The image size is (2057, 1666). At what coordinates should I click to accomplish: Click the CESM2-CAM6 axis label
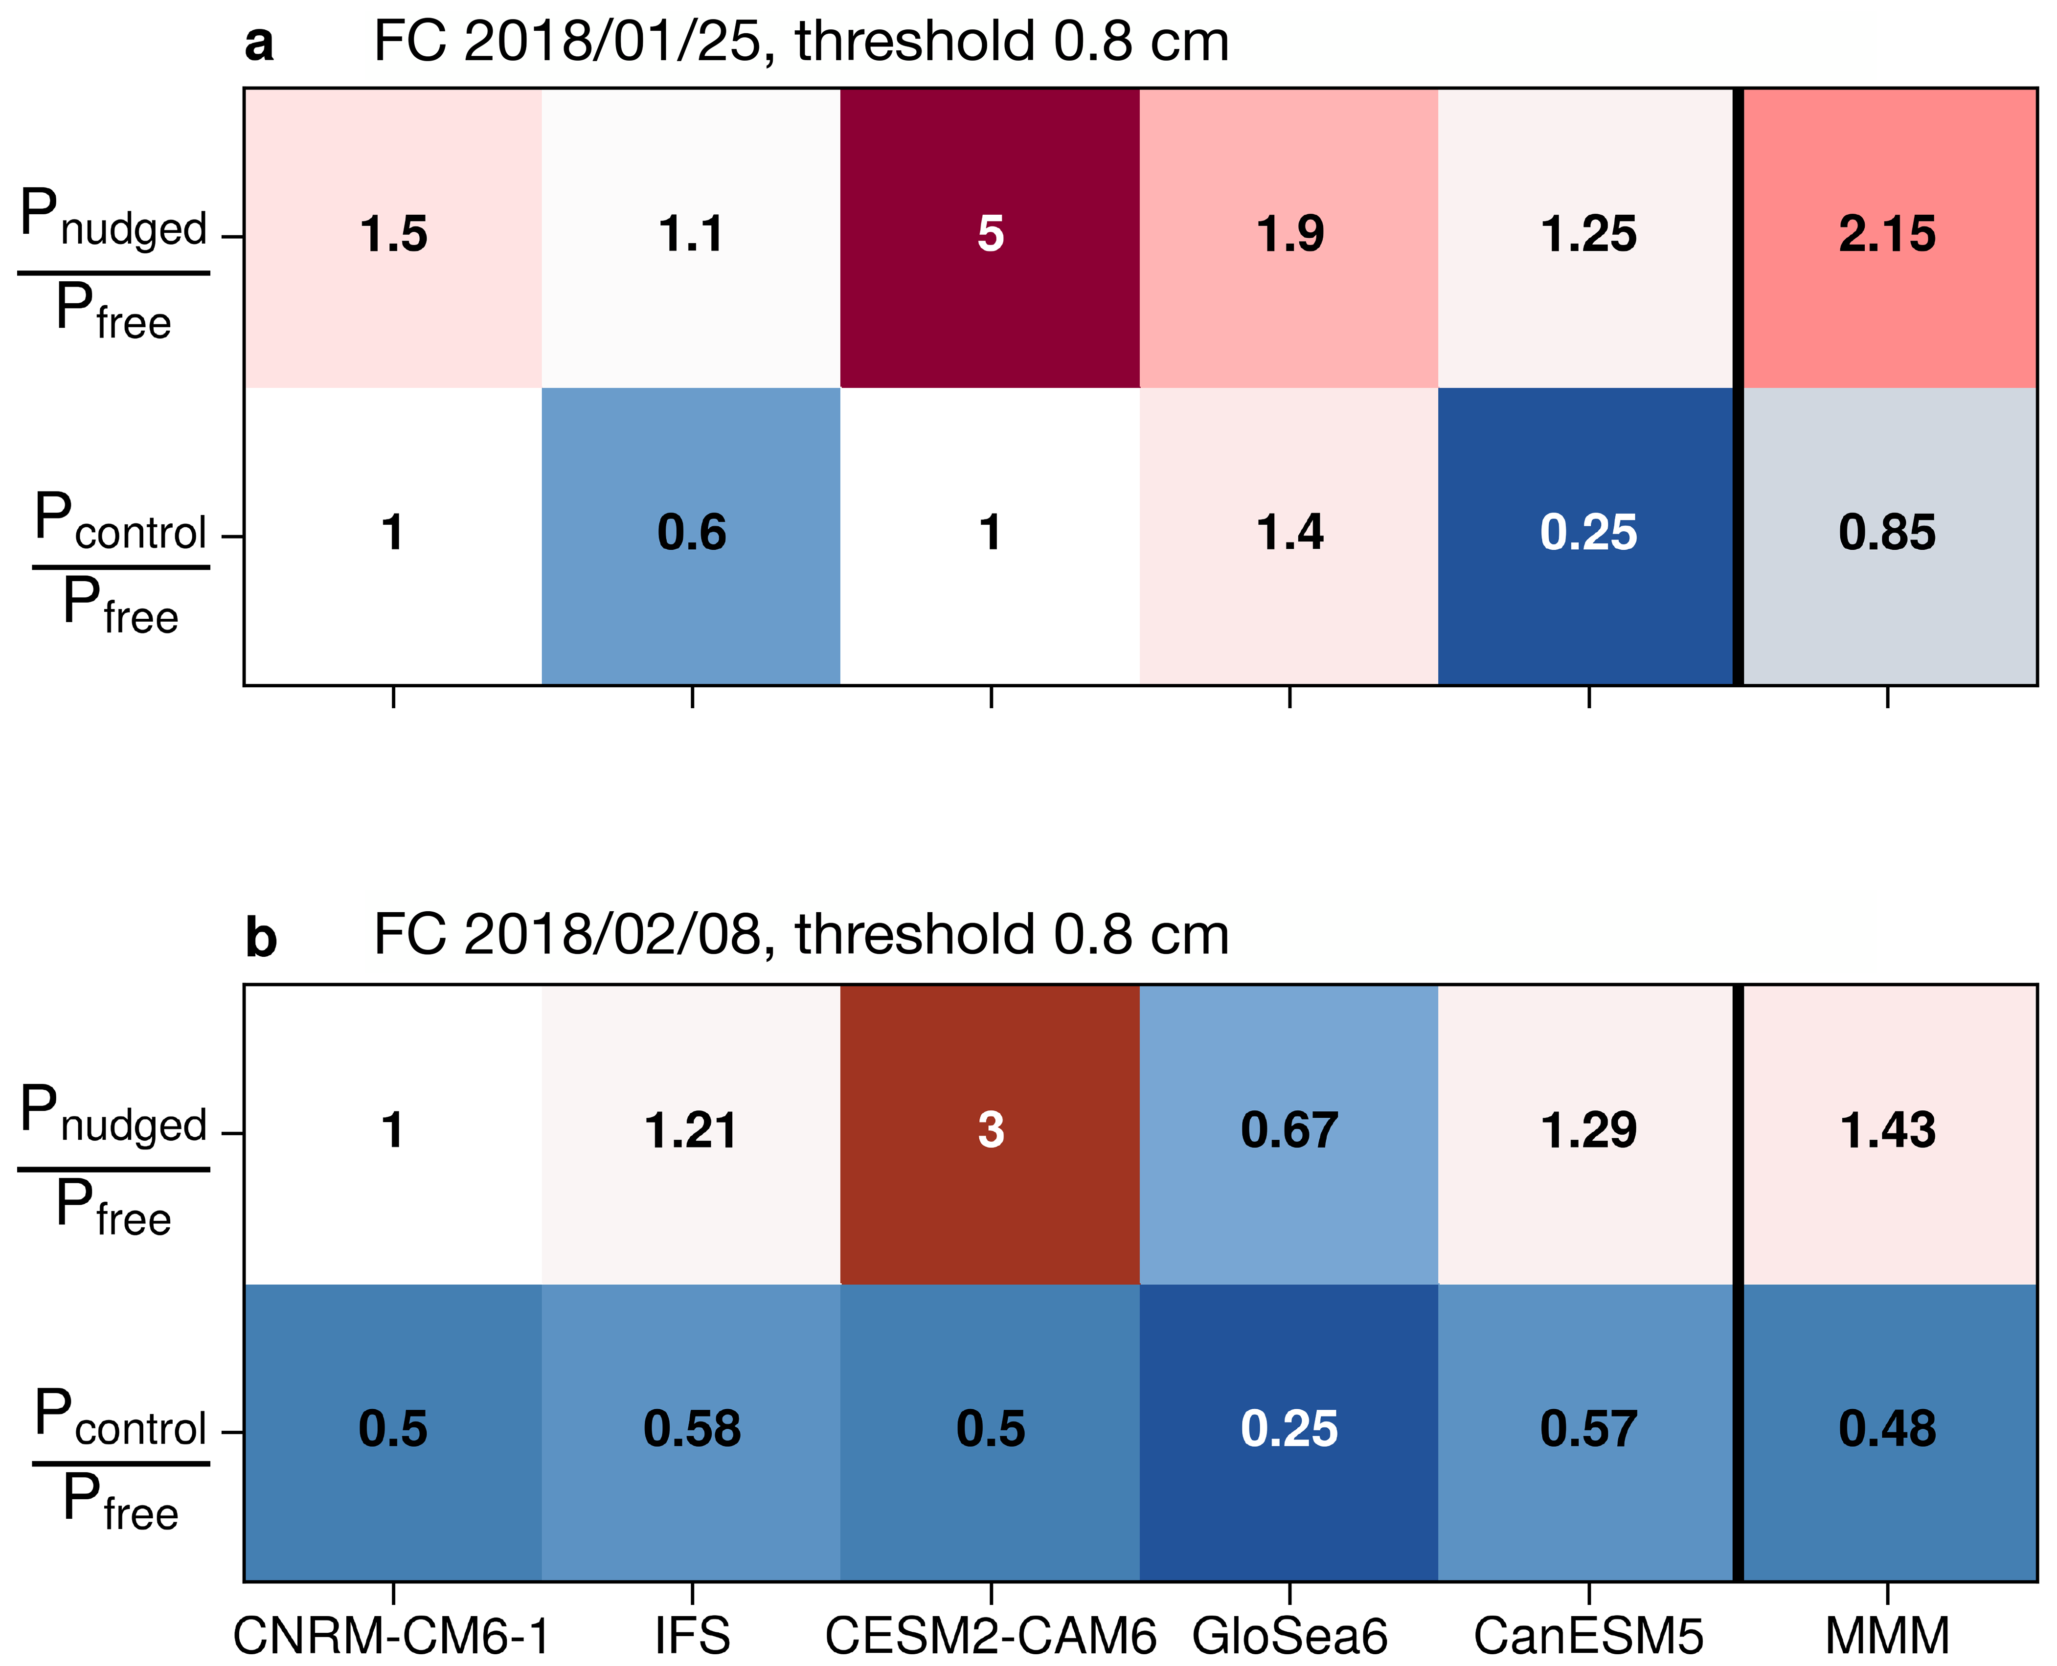tap(991, 1636)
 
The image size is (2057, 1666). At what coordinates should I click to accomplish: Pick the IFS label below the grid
tap(692, 1636)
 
